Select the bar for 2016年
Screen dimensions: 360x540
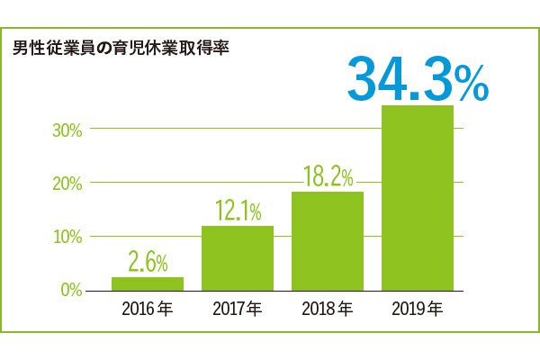(147, 283)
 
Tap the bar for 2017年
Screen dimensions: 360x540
(237, 258)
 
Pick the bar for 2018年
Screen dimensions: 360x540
(327, 241)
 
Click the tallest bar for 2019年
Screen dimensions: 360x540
(417, 198)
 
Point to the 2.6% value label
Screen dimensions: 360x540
(148, 263)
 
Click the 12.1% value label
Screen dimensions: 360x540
(238, 211)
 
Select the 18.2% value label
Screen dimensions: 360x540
(328, 176)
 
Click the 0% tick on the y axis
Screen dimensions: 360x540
(70, 291)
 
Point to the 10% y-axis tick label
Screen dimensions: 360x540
(67, 237)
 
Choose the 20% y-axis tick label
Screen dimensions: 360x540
(67, 183)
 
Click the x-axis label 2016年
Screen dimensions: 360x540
(147, 311)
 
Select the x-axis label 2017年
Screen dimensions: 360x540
(237, 311)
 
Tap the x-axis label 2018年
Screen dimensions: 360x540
(327, 311)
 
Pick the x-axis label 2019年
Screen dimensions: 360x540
(417, 311)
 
